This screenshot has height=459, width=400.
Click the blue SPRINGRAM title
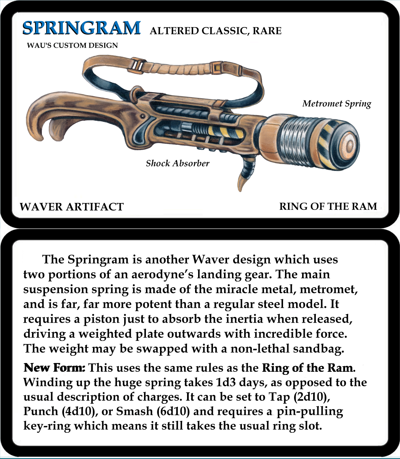(81, 28)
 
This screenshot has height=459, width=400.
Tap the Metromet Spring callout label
(336, 104)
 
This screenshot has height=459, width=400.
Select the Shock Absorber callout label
(178, 163)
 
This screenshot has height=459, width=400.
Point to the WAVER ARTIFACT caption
(72, 207)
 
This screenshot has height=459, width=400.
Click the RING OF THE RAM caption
(328, 206)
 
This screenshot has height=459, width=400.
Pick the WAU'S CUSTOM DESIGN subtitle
(72, 45)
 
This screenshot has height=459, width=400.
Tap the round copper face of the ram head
(350, 145)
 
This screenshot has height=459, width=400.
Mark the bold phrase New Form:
(54, 368)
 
